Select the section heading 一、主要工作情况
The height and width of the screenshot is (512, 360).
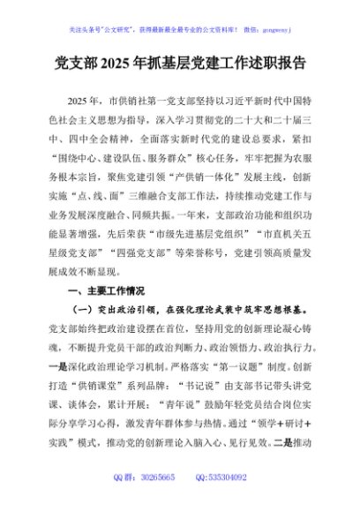(105, 290)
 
